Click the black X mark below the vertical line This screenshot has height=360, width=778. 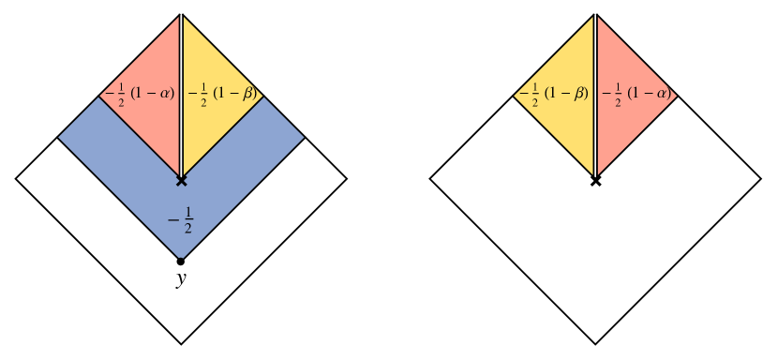[x=181, y=179]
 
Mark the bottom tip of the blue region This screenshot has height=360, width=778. [x=181, y=258]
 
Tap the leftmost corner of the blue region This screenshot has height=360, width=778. [x=59, y=137]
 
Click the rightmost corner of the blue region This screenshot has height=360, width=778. [x=304, y=137]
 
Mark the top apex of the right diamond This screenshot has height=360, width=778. [x=594, y=16]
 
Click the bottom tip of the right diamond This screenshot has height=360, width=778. [x=594, y=174]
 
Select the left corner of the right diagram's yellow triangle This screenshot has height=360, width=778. [x=514, y=95]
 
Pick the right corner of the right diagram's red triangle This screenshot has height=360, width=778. [x=676, y=95]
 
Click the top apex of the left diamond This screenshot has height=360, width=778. [x=181, y=16]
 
